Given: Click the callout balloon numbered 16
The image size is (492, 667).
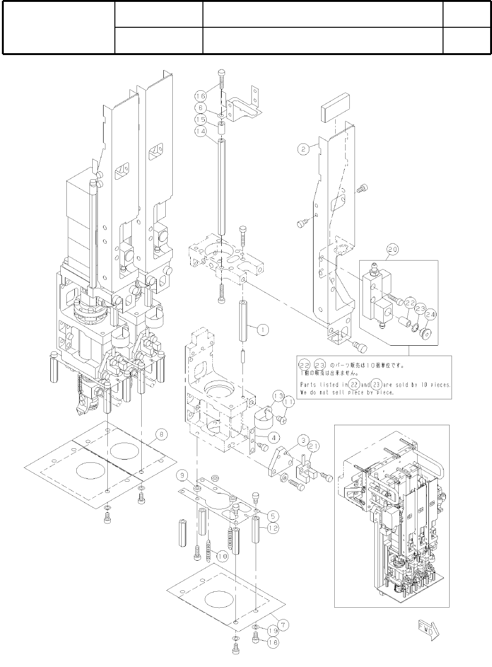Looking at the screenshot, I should (x=201, y=96).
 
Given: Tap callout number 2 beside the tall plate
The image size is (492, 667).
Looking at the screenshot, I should (x=303, y=149).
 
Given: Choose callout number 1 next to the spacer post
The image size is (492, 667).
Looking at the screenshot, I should (x=263, y=330).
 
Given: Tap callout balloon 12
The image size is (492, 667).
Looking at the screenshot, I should (x=273, y=528).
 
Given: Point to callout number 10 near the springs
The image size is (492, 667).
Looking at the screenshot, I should (x=222, y=556).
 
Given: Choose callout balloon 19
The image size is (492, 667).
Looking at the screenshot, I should (x=273, y=630).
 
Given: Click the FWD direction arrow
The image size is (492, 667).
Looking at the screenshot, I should (x=427, y=630).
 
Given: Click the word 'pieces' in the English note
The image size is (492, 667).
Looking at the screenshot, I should (x=440, y=384).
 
